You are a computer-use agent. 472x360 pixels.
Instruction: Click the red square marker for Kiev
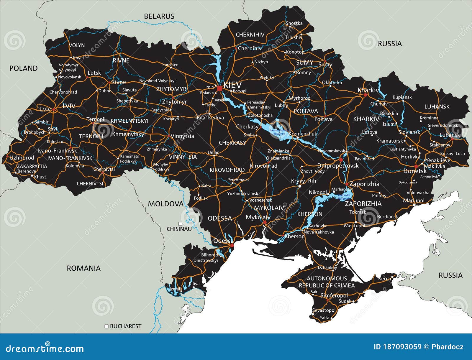tap(219, 88)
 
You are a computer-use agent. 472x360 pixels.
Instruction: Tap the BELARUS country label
tap(159, 17)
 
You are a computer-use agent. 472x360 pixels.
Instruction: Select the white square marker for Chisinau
tap(180, 224)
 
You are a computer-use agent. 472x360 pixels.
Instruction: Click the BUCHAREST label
tap(125, 326)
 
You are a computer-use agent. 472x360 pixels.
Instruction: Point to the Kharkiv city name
tap(368, 90)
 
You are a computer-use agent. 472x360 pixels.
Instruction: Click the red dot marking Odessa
tap(232, 245)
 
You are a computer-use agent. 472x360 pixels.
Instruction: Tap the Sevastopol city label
tap(324, 310)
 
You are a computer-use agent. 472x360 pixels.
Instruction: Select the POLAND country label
tap(24, 68)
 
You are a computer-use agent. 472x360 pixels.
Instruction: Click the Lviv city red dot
tap(54, 110)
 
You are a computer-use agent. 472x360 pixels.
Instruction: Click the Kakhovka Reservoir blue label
tap(344, 197)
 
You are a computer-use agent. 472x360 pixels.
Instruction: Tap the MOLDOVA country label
tap(165, 204)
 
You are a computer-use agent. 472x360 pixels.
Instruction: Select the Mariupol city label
tap(414, 200)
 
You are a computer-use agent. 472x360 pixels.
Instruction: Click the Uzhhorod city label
tap(22, 158)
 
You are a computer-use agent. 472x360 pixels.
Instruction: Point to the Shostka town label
tap(294, 23)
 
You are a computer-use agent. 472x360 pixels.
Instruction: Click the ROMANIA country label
tap(83, 268)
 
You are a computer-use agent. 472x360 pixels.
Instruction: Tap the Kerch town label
tap(384, 279)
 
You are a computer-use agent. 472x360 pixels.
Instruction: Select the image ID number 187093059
tap(398, 347)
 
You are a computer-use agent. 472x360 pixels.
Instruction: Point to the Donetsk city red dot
tap(416, 167)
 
